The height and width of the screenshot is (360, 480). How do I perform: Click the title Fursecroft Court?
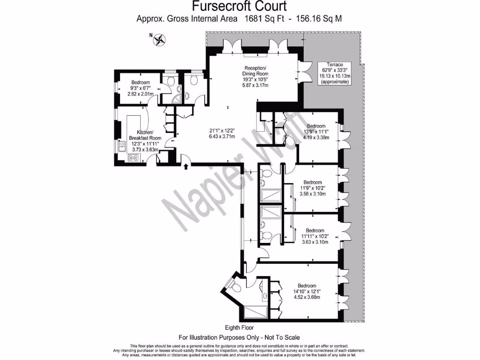(x=240, y=7)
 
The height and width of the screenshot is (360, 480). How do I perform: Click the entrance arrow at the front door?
(x=186, y=166)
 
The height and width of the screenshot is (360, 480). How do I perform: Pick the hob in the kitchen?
(x=133, y=157)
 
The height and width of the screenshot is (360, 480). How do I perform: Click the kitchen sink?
(x=121, y=149)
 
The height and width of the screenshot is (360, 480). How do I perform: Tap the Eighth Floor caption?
(x=239, y=328)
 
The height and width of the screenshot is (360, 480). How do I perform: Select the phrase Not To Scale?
(x=279, y=337)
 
